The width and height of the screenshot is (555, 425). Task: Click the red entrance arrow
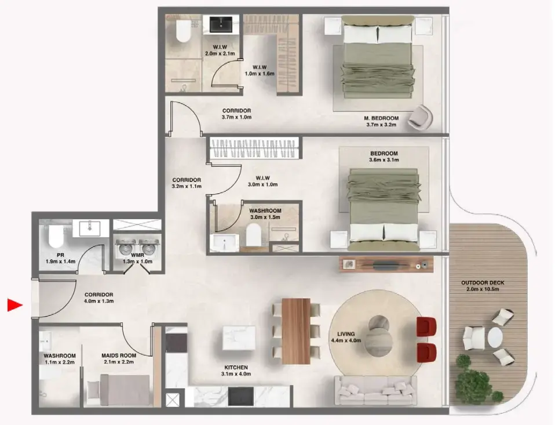pos(14,305)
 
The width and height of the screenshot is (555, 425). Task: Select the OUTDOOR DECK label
pos(483,283)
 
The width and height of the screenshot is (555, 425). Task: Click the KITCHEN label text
pos(236,368)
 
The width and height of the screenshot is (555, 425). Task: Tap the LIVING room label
pos(346,334)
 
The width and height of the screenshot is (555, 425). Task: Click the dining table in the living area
pos(295,331)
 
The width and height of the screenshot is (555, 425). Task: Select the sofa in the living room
pos(375,391)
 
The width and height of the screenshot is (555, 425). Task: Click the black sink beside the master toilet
pos(221,25)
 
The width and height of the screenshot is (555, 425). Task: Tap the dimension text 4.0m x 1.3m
pos(98,302)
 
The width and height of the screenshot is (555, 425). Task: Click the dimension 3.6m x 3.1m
pos(384,161)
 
